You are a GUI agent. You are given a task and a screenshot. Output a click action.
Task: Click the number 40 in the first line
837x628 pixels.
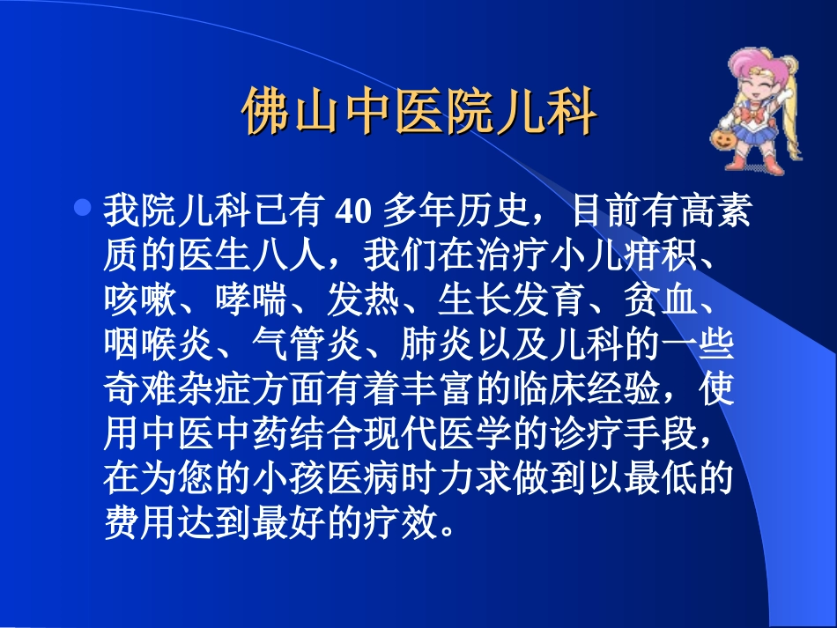(x=351, y=213)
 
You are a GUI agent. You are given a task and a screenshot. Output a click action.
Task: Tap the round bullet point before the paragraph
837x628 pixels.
(x=83, y=210)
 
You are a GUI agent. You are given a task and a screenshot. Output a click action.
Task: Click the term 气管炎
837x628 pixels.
(x=307, y=345)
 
